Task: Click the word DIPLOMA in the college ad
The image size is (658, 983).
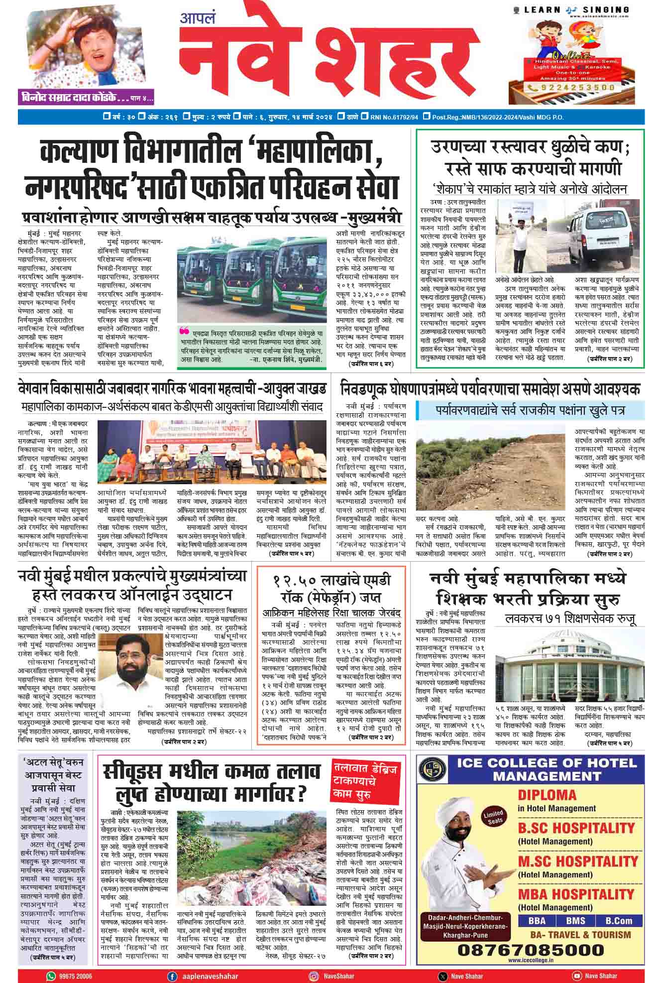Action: [547, 795]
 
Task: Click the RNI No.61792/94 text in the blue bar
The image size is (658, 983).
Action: [394, 117]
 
